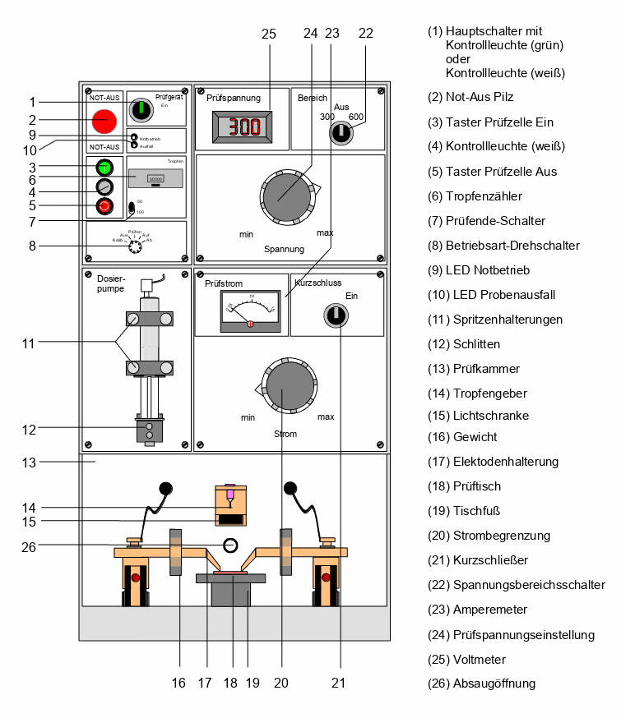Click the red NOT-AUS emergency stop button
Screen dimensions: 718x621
pos(104,121)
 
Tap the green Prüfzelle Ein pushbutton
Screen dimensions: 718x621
pos(104,167)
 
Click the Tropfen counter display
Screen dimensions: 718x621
pos(155,177)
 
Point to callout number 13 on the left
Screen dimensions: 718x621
pos(29,463)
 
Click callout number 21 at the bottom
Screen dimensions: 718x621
pos(339,682)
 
